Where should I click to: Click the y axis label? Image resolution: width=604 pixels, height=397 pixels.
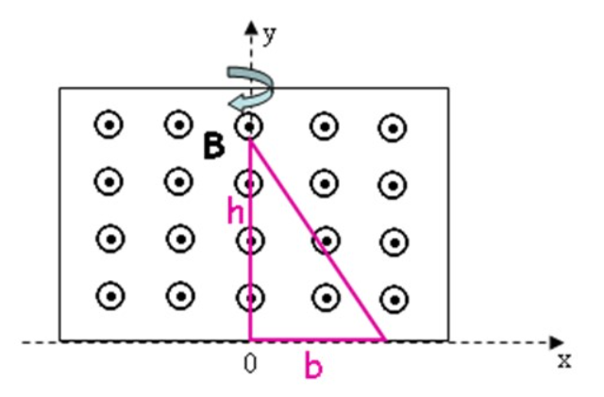pos(270,35)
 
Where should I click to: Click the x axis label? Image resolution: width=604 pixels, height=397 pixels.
pos(563,360)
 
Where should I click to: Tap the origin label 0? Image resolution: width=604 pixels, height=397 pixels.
pos(250,364)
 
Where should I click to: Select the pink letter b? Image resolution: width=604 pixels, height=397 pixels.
pos(314,367)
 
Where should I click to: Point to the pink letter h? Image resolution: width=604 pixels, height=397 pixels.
pos(236,213)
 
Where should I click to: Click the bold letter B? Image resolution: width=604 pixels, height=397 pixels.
pos(215,146)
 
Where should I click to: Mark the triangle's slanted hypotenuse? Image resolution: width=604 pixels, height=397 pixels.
pos(316,240)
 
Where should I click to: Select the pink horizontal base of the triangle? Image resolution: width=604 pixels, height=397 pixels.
pos(316,339)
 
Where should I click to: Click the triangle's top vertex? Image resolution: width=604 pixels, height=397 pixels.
pos(249,140)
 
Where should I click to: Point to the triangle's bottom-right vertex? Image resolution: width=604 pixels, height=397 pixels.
pos(384,339)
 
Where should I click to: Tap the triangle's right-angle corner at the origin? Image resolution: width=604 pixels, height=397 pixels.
pos(250,339)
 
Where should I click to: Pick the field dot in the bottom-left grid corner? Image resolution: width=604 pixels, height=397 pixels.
pos(109,296)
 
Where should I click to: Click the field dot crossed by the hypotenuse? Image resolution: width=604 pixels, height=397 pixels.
pos(325,240)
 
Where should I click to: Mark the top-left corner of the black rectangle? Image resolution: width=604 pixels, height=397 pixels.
pos(59,89)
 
